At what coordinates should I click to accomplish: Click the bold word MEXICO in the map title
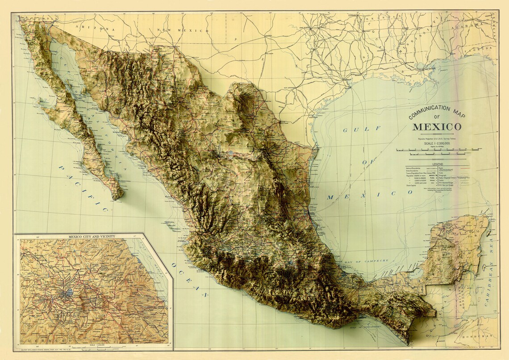point(437,126)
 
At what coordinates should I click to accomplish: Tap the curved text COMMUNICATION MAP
point(436,111)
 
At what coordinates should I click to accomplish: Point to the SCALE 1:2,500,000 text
point(437,143)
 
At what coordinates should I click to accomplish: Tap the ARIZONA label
point(94,28)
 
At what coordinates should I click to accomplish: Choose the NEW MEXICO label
point(182,30)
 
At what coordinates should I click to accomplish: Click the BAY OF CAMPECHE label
point(365,260)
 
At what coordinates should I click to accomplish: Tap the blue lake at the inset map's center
point(69,293)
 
